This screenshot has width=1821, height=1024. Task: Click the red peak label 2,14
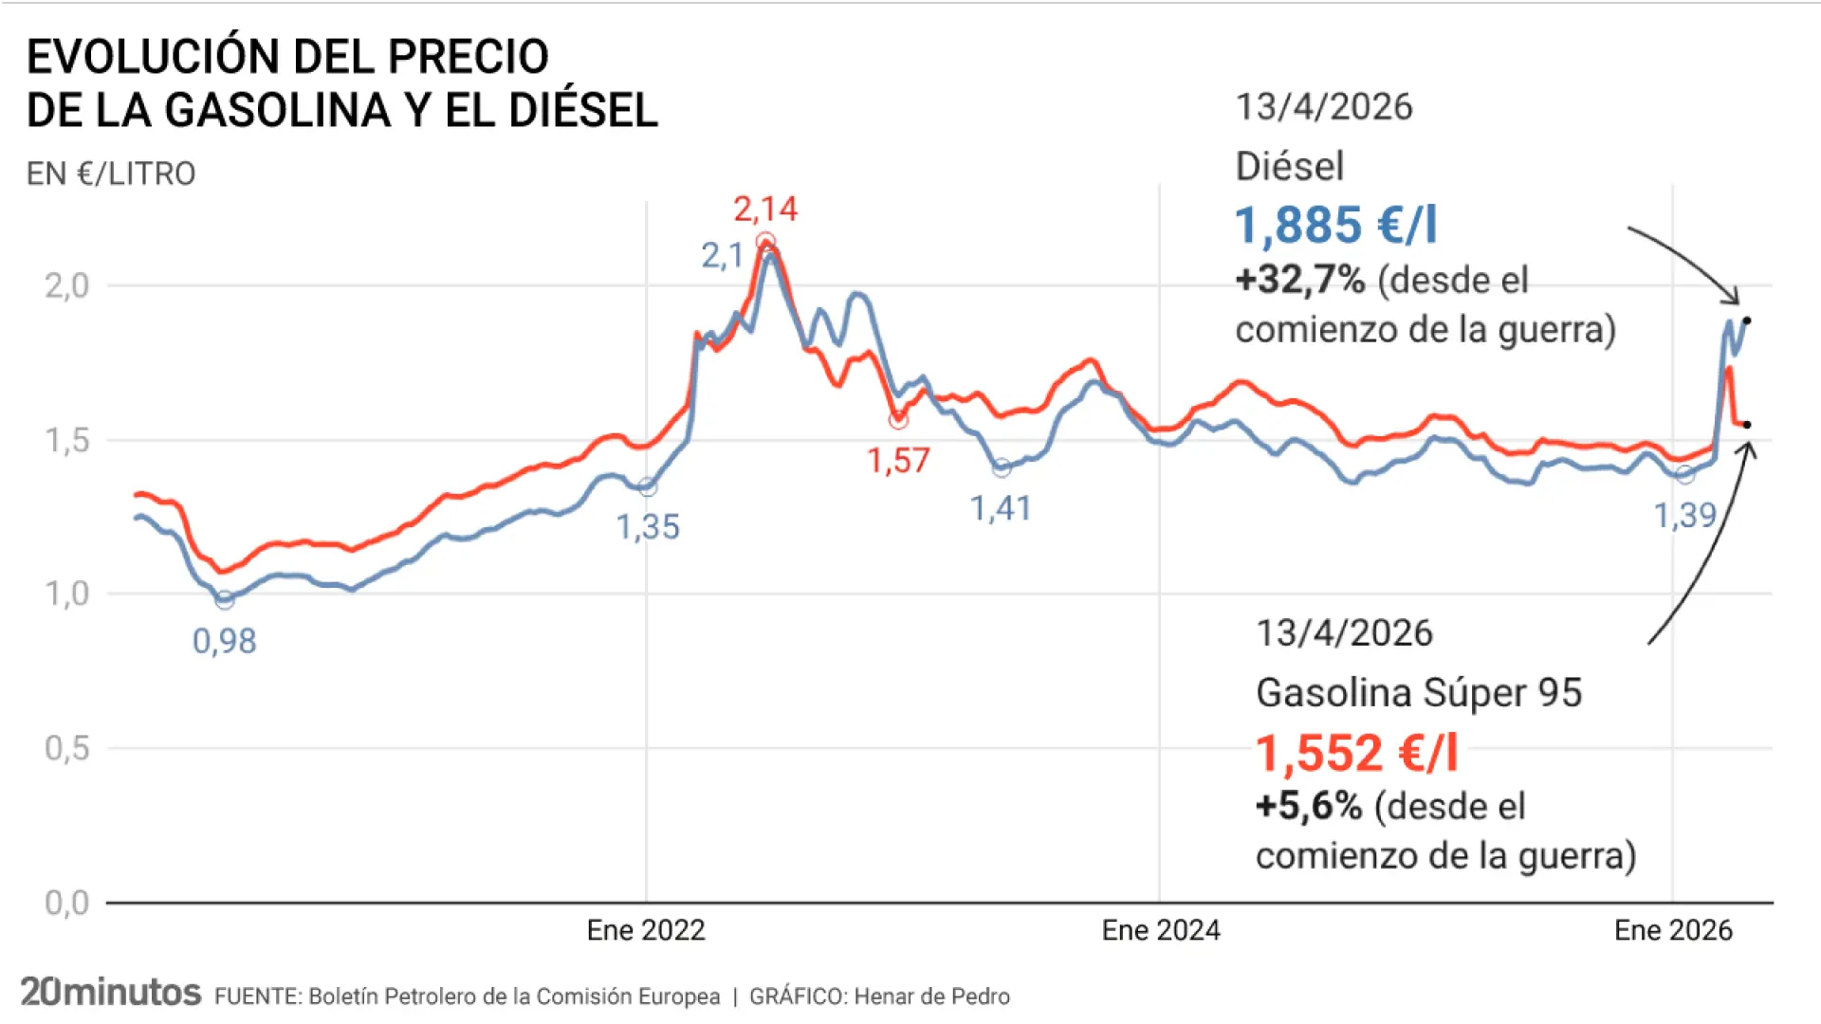click(764, 209)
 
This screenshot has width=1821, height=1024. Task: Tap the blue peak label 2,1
click(722, 256)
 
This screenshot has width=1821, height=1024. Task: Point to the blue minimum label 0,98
click(224, 642)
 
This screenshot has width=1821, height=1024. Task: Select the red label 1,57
click(898, 462)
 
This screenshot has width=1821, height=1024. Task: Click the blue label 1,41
click(1000, 509)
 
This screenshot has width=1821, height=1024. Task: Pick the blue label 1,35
click(648, 527)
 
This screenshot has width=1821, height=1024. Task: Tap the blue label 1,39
click(1684, 516)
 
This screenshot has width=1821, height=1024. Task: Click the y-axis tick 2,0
click(66, 285)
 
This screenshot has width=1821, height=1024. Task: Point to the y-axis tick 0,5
click(66, 748)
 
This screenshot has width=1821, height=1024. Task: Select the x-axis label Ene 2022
click(646, 930)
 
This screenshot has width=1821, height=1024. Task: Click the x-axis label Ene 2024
click(1160, 930)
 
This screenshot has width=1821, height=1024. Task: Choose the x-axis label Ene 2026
click(1673, 930)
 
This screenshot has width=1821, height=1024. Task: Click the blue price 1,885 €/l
click(1335, 226)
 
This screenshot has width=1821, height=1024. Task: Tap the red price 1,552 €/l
click(1356, 754)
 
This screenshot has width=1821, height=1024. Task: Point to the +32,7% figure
click(1299, 280)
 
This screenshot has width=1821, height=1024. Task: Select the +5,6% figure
click(1309, 806)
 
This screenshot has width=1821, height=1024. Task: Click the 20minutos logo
click(111, 993)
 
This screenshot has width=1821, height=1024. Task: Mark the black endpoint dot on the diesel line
click(1747, 320)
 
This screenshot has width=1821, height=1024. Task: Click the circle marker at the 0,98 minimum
click(225, 599)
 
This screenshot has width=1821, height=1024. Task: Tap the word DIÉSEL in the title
click(582, 110)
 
